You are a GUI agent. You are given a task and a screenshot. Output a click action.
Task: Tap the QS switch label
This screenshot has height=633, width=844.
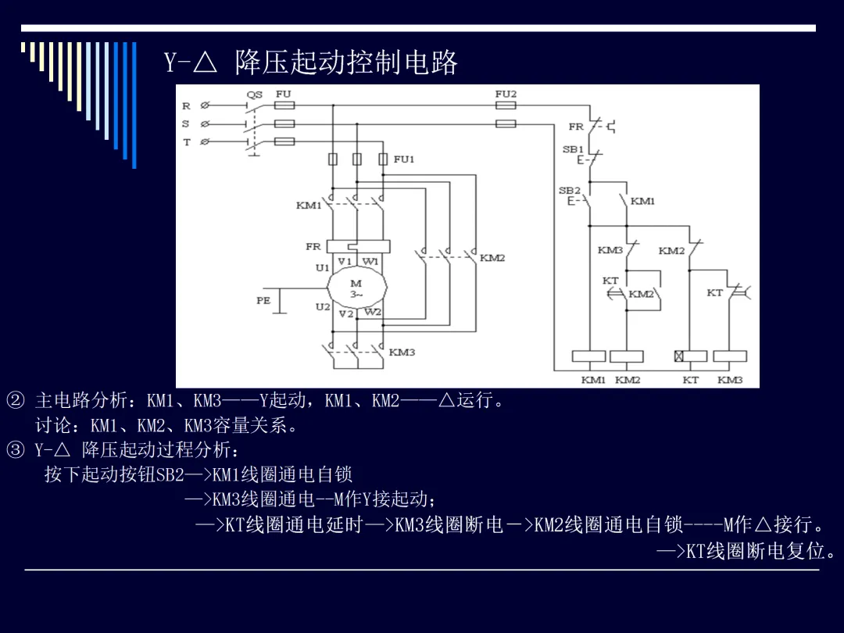[255, 95]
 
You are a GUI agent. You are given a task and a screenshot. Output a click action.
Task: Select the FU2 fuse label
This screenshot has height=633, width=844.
[506, 94]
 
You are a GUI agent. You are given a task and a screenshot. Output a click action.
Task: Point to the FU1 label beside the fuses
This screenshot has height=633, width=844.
[404, 159]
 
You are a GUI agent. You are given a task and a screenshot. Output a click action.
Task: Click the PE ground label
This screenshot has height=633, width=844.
[263, 300]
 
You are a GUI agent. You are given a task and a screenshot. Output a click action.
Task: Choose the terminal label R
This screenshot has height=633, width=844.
[186, 106]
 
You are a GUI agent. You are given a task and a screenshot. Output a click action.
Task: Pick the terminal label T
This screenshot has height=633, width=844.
[187, 142]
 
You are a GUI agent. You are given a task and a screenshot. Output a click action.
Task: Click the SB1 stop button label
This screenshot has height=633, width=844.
[573, 149]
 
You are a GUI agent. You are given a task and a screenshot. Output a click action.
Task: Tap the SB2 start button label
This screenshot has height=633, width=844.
[570, 191]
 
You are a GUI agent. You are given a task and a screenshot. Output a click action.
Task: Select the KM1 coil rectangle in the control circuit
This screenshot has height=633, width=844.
[589, 356]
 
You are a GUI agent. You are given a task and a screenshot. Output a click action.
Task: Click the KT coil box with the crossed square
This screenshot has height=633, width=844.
[691, 356]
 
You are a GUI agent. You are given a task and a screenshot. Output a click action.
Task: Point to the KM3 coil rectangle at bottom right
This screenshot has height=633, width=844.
[731, 356]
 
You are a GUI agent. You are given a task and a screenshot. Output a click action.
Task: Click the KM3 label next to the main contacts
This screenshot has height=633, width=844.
[402, 352]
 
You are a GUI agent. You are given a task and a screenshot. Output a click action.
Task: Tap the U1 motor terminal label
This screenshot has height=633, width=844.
[323, 267]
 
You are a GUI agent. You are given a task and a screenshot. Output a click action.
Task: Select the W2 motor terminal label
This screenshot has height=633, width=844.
[373, 312]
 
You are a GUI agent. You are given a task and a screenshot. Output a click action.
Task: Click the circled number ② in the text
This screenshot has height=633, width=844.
[15, 400]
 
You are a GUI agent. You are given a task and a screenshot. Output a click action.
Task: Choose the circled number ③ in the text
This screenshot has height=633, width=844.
[15, 449]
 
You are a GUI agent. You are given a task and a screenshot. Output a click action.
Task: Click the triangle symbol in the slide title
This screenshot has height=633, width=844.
[205, 62]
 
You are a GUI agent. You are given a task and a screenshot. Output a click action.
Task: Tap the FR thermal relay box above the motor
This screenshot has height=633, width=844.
[359, 246]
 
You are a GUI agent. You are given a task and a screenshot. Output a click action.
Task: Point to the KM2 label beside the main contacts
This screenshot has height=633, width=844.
[492, 258]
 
